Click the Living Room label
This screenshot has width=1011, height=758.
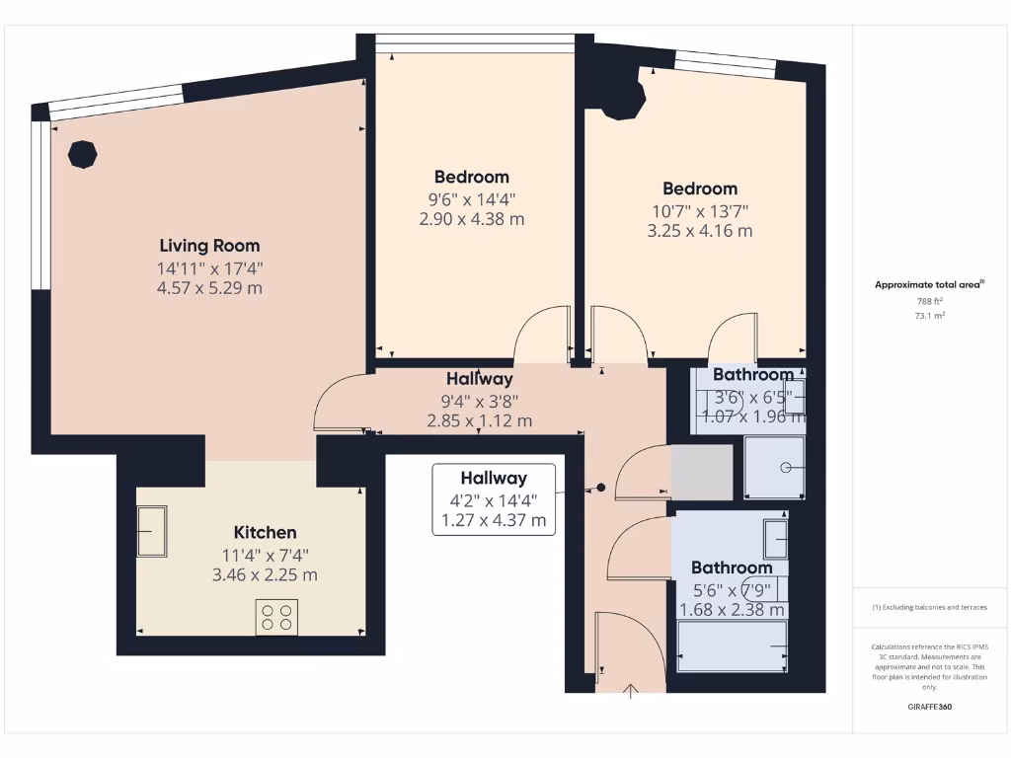pyautogui.click(x=210, y=246)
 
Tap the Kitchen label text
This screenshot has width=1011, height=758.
pyautogui.click(x=265, y=532)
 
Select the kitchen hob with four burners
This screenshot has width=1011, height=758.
pyautogui.click(x=276, y=617)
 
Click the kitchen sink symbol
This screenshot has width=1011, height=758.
pyautogui.click(x=152, y=532)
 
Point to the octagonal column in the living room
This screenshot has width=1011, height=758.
pyautogui.click(x=82, y=155)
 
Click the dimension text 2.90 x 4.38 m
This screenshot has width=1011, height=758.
pyautogui.click(x=472, y=219)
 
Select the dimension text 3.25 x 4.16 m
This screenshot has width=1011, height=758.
pyautogui.click(x=699, y=231)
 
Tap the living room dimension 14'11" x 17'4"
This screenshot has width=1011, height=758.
pyautogui.click(x=210, y=267)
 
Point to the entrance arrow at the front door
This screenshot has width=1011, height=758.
pyautogui.click(x=632, y=690)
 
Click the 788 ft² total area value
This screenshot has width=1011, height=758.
pyautogui.click(x=929, y=301)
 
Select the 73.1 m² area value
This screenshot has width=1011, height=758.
pyautogui.click(x=929, y=316)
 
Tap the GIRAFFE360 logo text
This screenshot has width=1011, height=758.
pyautogui.click(x=929, y=707)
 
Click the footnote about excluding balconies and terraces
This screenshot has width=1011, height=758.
pyautogui.click(x=929, y=607)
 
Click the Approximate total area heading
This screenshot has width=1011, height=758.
pyautogui.click(x=928, y=284)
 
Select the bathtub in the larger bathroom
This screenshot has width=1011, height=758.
pyautogui.click(x=733, y=647)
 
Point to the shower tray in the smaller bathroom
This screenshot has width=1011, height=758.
pyautogui.click(x=774, y=467)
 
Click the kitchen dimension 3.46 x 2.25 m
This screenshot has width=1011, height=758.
pyautogui.click(x=265, y=574)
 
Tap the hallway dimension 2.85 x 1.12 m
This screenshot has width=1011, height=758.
pyautogui.click(x=480, y=420)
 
